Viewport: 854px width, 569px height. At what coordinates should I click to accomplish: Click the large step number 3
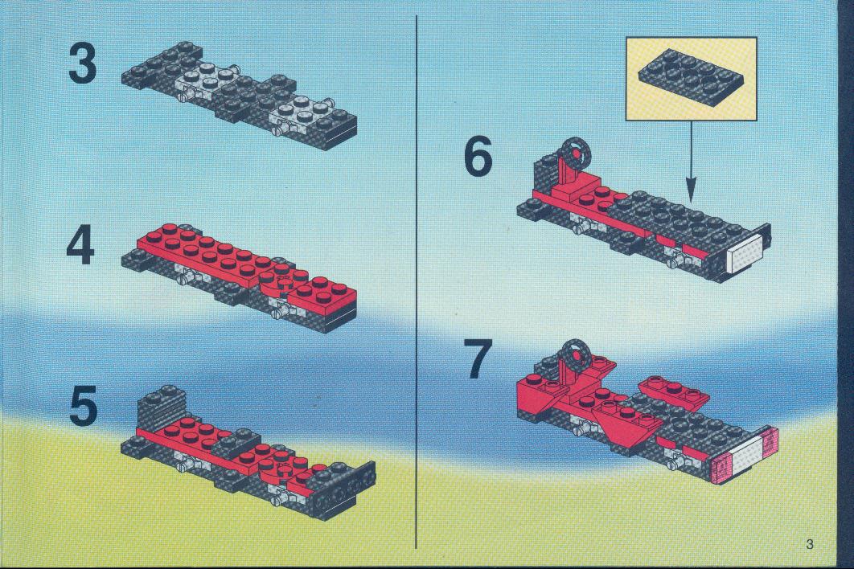[83, 63]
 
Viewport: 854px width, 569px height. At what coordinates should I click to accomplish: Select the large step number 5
[83, 406]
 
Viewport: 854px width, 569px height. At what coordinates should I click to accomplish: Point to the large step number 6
[478, 156]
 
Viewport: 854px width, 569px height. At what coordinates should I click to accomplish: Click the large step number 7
[480, 358]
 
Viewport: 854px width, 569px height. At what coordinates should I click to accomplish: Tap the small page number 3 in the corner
[809, 543]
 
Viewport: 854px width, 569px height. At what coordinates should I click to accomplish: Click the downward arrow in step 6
[691, 161]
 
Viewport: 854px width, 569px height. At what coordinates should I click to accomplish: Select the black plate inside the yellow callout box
[691, 76]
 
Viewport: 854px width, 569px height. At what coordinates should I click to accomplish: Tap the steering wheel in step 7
[575, 354]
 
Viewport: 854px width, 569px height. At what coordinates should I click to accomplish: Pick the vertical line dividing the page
[417, 281]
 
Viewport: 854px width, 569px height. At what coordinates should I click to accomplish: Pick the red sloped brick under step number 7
[536, 396]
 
